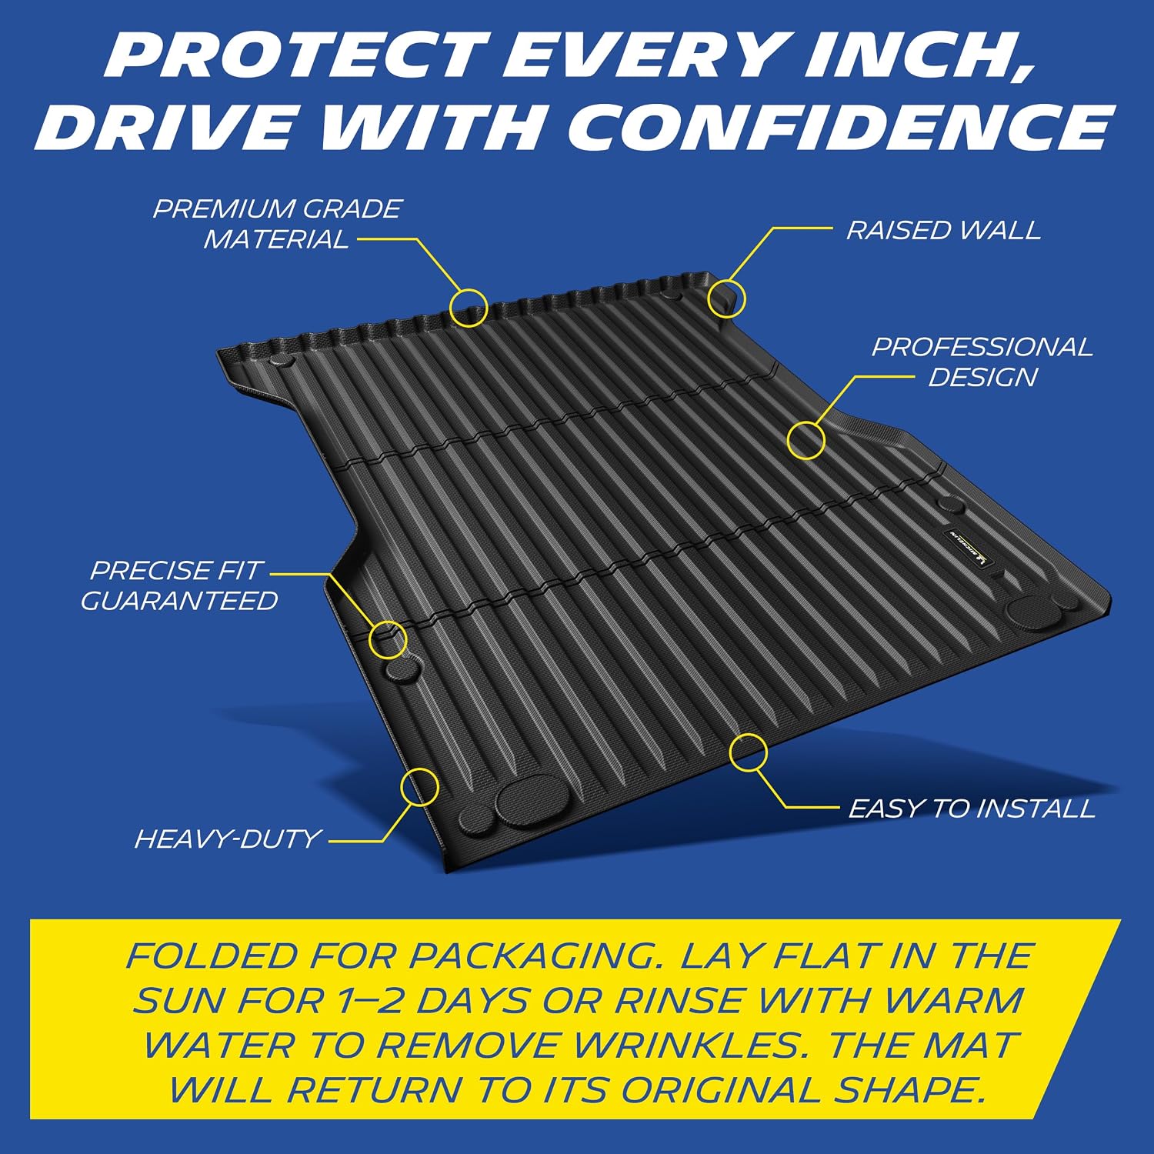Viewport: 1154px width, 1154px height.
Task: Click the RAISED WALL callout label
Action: click(x=943, y=230)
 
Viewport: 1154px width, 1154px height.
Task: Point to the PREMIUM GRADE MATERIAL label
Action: click(x=277, y=224)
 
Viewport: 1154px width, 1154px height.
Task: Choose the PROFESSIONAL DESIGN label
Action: click(x=982, y=362)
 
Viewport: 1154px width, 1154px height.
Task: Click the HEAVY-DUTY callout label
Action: click(x=228, y=838)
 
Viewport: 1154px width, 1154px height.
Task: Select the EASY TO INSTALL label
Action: click(x=972, y=809)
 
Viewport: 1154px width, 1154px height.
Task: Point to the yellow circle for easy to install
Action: click(x=729, y=752)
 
